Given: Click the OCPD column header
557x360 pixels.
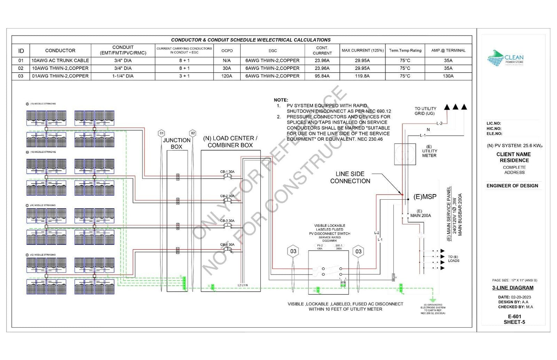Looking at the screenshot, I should click(x=227, y=50).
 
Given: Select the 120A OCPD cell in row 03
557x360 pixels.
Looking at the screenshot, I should click(x=227, y=76).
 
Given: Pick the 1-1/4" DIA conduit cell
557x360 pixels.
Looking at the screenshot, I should click(x=123, y=76).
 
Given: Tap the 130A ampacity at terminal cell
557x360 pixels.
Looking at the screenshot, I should click(x=448, y=76).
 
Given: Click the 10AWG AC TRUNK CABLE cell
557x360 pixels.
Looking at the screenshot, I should click(x=60, y=60).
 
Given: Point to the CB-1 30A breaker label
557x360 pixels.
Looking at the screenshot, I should click(x=227, y=172).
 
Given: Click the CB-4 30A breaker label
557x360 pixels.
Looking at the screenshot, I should click(x=227, y=245).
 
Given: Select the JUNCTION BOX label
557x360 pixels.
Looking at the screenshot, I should click(x=176, y=143).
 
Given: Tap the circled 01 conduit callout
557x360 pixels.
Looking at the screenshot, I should click(x=161, y=133).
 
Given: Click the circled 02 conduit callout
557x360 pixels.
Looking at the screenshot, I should click(x=192, y=133).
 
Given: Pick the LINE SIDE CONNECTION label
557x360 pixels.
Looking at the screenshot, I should click(x=350, y=177).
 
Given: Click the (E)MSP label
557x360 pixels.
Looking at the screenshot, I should click(x=425, y=197).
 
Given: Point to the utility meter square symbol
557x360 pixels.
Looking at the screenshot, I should click(x=404, y=154).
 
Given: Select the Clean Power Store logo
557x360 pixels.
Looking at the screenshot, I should click(x=505, y=59).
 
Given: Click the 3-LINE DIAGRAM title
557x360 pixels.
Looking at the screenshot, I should click(x=513, y=288).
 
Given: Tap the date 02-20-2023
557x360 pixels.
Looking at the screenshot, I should click(x=521, y=297).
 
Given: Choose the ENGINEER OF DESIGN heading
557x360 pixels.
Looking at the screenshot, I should click(x=512, y=186).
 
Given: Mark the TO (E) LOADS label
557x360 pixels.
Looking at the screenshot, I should click(x=453, y=259).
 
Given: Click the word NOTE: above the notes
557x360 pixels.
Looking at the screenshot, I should click(x=281, y=100).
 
